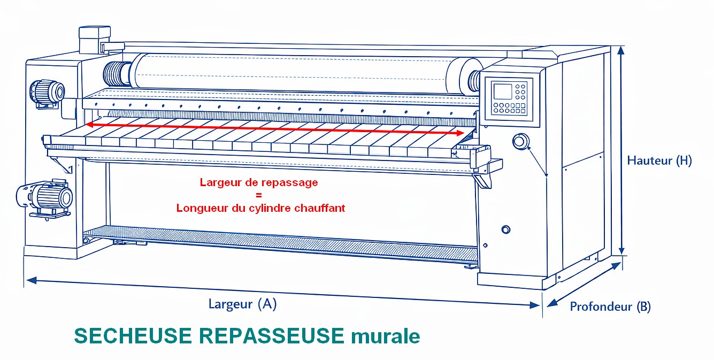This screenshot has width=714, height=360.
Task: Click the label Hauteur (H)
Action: point(659,160)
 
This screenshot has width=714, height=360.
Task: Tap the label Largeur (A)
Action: point(242,304)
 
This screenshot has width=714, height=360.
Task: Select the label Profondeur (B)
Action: point(610,307)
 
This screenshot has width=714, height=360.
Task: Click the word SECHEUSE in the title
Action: point(133,336)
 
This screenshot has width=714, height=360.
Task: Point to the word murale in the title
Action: point(386,336)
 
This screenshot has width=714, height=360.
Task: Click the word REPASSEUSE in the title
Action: point(272,336)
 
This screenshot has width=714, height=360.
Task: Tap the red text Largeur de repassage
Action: point(259,182)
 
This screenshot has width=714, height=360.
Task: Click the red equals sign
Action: point(259,195)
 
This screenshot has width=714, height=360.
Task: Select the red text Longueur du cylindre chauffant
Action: point(261,208)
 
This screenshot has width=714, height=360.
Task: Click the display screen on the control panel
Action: point(503,91)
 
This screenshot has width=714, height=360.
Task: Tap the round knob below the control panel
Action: point(521,141)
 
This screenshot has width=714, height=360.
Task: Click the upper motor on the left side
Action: point(47,93)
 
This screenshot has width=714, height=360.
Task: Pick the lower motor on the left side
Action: point(44,198)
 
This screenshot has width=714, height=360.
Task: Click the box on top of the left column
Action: point(95,40)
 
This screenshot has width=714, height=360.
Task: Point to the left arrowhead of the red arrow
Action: point(89,124)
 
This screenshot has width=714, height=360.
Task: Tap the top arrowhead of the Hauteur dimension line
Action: point(620,50)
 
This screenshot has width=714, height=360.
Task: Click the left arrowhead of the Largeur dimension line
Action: point(31,280)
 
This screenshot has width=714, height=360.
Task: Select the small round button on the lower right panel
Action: point(506,229)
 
